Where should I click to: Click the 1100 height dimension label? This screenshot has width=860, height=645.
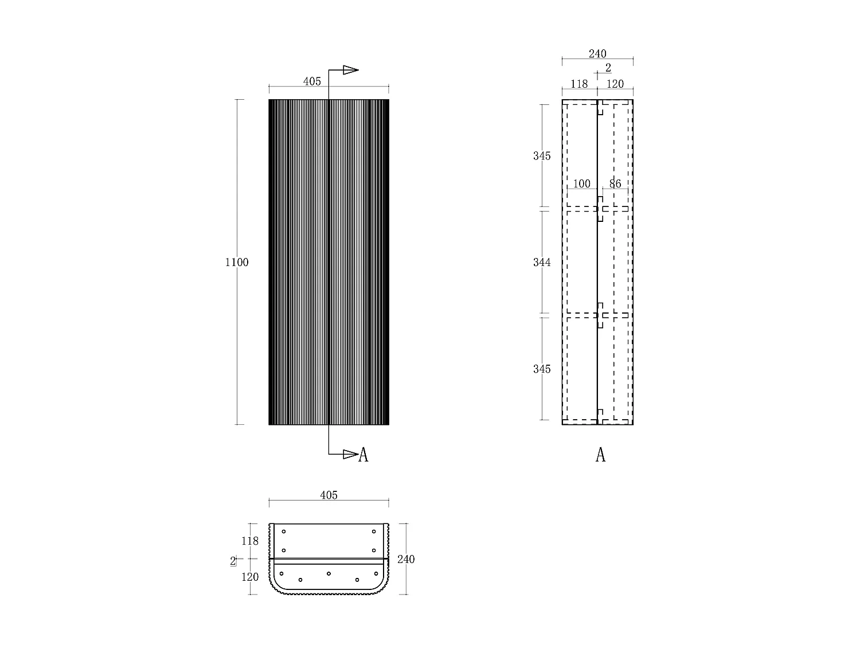tap(237, 263)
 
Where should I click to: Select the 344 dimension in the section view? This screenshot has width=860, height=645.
tap(542, 263)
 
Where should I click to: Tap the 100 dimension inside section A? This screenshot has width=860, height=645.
tap(581, 184)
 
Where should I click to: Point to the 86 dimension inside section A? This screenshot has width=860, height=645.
tap(615, 184)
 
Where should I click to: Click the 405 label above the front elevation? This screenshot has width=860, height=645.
tap(312, 81)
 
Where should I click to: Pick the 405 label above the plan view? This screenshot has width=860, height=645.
tap(329, 495)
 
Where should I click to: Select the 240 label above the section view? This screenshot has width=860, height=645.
tap(597, 54)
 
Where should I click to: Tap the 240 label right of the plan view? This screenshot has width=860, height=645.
tap(406, 559)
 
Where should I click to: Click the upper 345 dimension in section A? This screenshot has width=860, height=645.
tap(542, 156)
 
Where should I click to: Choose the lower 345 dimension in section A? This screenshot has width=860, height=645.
tap(542, 369)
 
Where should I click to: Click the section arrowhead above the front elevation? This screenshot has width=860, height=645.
tap(350, 70)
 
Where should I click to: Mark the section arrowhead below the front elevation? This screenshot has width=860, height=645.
tap(350, 455)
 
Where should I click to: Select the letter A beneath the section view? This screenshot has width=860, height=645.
tap(600, 455)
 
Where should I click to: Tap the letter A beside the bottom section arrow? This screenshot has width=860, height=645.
tap(363, 455)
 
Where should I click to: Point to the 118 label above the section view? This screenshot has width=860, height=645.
tap(579, 84)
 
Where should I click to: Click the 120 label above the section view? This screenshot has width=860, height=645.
tap(615, 84)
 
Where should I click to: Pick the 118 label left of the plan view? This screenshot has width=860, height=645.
tap(250, 541)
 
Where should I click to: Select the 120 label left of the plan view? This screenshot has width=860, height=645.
tap(250, 577)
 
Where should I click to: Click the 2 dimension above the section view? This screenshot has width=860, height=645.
tap(608, 68)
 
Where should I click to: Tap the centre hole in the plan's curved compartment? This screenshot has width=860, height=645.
tap(329, 573)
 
